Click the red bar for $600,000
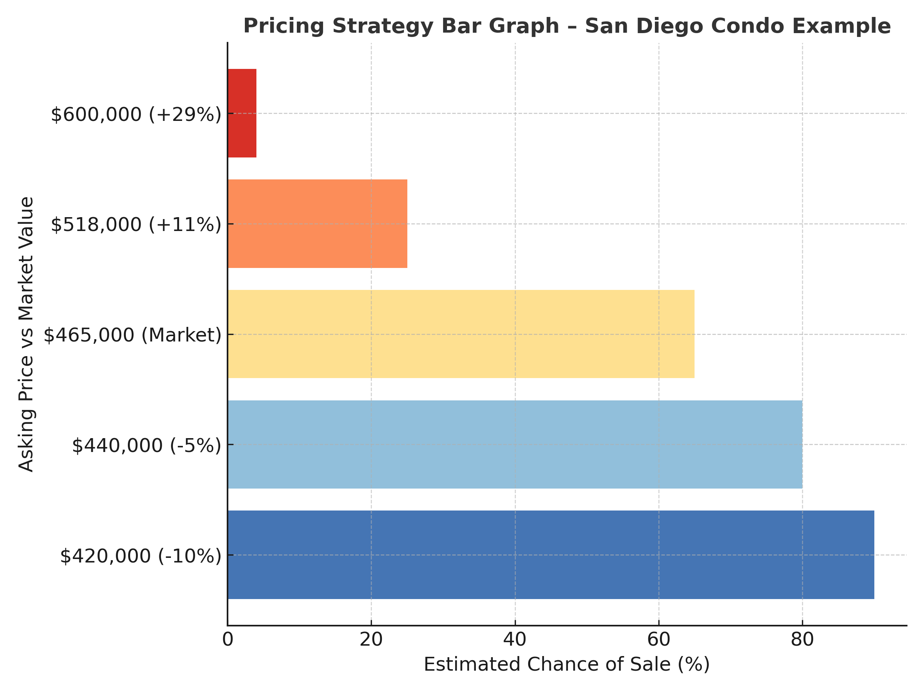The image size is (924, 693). click(242, 113)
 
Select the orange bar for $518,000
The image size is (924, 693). click(318, 224)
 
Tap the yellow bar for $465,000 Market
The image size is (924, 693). click(461, 334)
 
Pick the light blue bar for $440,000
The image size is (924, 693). click(515, 444)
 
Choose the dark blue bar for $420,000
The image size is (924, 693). click(551, 555)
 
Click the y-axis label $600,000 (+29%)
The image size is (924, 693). click(136, 114)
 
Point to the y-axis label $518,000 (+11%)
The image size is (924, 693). click(136, 225)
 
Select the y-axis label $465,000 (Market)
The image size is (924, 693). click(132, 335)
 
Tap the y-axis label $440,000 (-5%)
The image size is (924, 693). click(146, 446)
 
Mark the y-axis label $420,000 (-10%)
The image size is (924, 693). click(141, 556)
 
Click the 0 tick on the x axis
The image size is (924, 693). click(228, 639)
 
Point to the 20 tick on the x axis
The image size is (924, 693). click(372, 639)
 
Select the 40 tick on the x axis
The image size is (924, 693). click(515, 639)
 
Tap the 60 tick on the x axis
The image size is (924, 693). click(659, 639)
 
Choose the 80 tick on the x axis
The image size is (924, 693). click(802, 639)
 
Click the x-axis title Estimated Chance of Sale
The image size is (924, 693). click(567, 665)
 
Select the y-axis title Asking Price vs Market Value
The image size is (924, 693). click(26, 334)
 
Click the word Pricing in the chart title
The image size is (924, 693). click(284, 26)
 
